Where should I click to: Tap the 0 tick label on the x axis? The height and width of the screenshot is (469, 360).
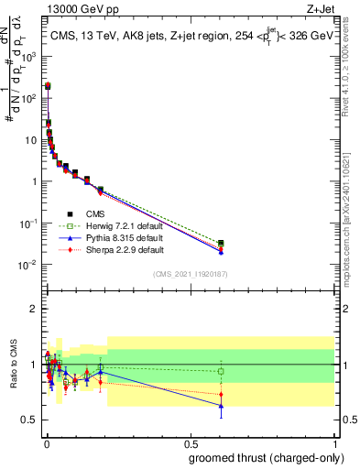(47, 443)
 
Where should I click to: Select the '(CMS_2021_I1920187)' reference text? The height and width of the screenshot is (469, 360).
(190, 274)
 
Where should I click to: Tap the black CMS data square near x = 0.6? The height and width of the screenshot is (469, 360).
(221, 244)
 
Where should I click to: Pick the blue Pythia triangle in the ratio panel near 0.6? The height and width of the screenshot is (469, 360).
(221, 405)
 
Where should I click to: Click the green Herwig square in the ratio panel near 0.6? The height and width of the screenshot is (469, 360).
(221, 372)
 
